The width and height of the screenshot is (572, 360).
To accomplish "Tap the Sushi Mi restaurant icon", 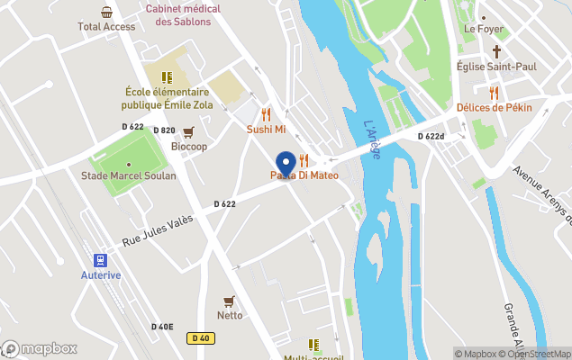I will tap(266, 114).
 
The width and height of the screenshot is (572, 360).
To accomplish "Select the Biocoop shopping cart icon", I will tap(188, 132).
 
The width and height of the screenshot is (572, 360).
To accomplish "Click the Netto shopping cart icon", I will tap(229, 301).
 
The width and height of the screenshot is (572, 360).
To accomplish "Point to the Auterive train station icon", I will tap(99, 258).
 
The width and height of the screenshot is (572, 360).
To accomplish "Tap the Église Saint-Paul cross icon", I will tap(496, 51).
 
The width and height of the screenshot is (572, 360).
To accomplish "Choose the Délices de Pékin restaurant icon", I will tap(494, 93).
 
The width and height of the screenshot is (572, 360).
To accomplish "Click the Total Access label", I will tap(106, 27).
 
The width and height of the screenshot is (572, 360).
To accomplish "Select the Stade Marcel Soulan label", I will tap(129, 175).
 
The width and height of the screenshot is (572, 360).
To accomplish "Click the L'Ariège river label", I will tap(372, 140).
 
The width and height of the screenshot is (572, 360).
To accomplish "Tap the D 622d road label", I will tap(431, 136).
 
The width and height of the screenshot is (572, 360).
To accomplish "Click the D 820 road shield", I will tap(163, 130).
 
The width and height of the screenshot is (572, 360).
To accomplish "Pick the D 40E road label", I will tap(162, 327).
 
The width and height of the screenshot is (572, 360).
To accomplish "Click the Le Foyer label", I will tap(483, 29).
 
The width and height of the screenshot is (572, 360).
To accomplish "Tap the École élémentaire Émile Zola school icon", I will tap(166, 77).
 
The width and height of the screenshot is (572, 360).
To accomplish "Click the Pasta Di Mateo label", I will tap(304, 175).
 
